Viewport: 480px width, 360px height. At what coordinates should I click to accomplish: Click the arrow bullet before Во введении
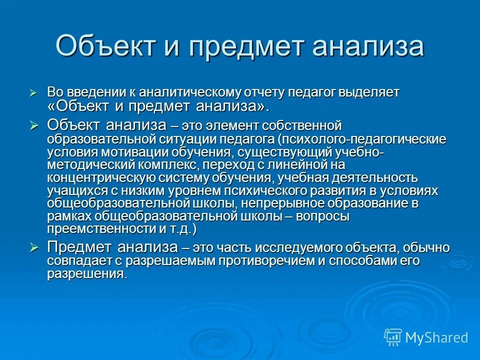tap(33, 93)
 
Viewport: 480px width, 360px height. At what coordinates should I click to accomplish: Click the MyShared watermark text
tap(436, 337)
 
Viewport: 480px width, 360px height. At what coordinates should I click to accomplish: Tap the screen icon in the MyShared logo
tap(393, 337)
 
